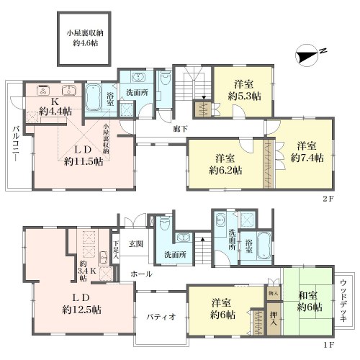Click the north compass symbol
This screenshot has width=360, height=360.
308,55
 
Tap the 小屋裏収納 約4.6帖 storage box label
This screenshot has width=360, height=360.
85,38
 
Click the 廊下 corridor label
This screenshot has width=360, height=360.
180,129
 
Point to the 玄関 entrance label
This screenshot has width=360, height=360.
136,244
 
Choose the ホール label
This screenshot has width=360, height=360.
141,274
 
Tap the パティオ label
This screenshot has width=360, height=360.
161,317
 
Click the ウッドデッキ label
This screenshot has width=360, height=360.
343,301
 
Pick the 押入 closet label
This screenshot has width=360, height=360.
274,319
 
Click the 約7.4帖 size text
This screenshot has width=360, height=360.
307,158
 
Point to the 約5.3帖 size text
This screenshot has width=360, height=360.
245,96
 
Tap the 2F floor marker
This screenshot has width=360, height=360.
328,199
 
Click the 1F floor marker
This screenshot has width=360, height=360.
328,345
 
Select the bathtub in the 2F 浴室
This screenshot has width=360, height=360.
93,98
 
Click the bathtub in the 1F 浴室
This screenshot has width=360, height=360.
264,246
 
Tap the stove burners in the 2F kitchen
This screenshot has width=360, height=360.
43,90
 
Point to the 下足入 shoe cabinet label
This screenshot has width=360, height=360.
116,250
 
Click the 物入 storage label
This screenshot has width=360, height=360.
274,293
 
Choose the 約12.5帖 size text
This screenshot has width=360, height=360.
81,310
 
